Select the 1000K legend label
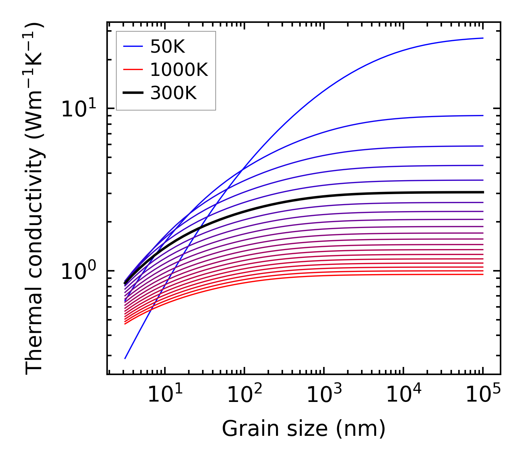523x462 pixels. [179, 70]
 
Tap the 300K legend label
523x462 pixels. [173, 93]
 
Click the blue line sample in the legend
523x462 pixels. [132, 46]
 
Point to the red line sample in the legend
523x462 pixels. [132, 70]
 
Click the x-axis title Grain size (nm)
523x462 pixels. [304, 428]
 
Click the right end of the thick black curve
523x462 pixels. [483, 192]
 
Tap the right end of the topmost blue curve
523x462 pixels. [483, 38]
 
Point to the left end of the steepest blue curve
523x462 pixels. [125, 358]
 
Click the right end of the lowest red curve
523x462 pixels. [483, 274]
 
